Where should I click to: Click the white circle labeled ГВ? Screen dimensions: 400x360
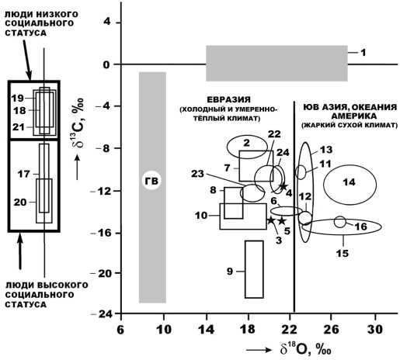151,180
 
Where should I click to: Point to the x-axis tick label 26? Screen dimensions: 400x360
331,330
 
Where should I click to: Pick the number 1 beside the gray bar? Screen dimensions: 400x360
363,53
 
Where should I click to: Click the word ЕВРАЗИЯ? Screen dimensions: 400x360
229,99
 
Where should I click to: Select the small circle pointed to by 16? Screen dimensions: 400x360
340,222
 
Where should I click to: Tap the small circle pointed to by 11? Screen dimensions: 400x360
301,172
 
